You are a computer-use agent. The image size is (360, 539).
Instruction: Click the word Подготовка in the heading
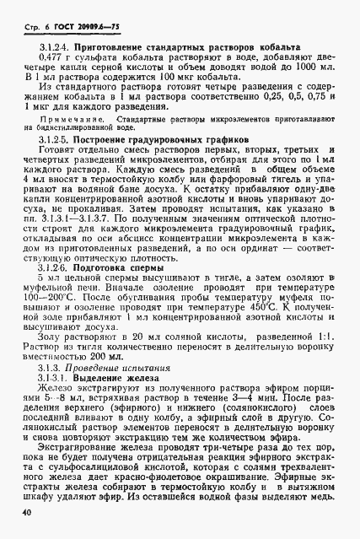(x=100, y=266)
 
